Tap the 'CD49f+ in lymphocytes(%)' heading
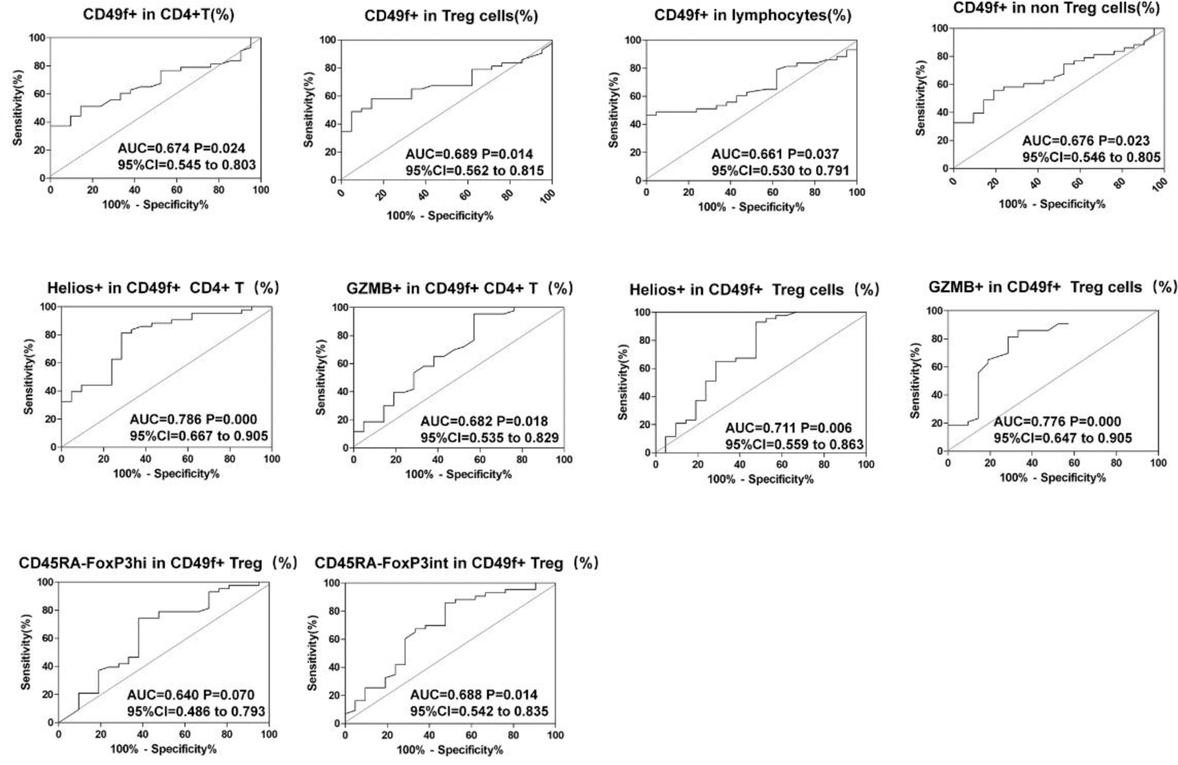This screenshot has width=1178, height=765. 752,15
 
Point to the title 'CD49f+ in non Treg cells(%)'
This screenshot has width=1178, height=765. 1056,8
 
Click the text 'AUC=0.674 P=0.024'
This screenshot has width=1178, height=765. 181,148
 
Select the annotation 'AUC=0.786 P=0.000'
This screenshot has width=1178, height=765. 193,420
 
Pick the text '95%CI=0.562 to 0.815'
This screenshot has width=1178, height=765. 475,170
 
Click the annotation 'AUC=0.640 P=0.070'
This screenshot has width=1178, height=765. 190,695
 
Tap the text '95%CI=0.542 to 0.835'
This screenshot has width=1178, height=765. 479,711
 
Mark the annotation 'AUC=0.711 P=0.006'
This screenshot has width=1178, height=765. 788,428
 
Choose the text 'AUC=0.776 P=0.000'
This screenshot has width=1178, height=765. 1057,422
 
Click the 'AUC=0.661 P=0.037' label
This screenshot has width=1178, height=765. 775,154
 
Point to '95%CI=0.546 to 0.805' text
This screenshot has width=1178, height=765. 1091,158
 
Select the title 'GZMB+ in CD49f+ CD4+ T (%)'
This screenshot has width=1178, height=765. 460,288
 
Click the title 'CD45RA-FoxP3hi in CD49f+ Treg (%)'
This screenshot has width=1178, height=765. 158,563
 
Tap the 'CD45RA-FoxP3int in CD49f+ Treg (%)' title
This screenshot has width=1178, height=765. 457,563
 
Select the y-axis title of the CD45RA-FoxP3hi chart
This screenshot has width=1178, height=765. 26,652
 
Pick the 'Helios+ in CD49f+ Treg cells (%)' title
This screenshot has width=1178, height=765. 754,290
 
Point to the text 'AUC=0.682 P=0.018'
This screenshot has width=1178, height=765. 484,421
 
